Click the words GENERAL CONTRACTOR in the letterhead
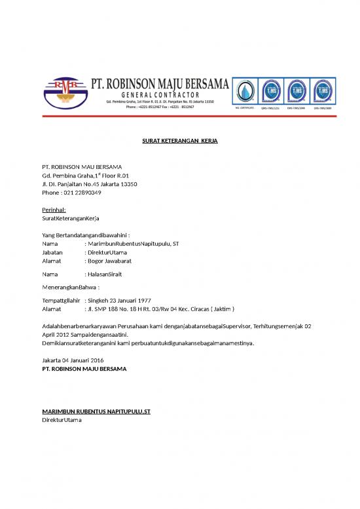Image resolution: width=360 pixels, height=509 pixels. click(155, 95)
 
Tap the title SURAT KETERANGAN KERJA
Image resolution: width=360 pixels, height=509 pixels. click(180, 141)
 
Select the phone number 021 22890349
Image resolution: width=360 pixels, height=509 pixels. click(81, 193)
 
